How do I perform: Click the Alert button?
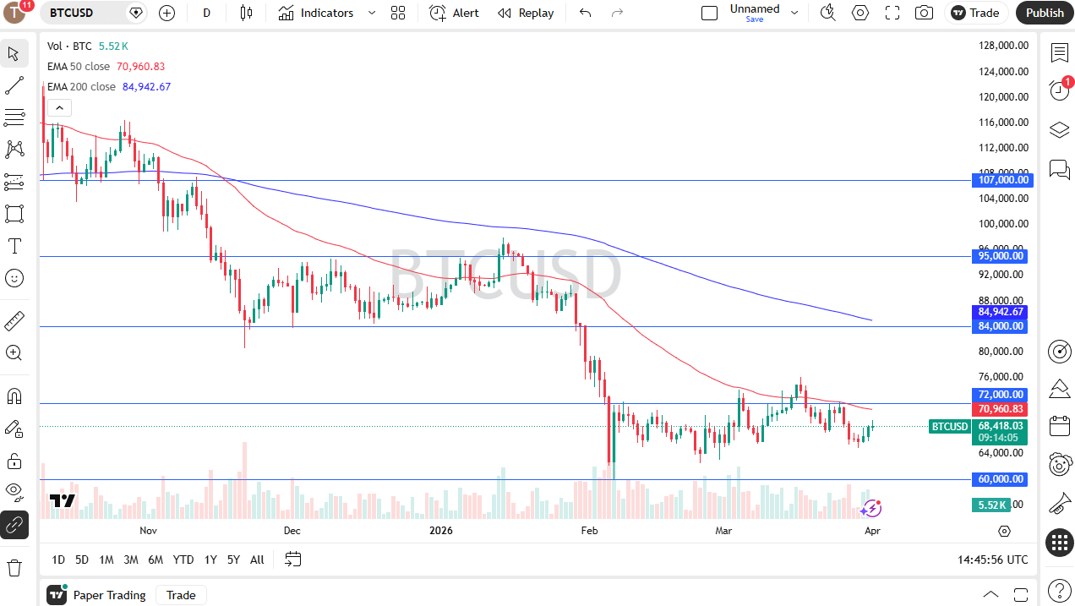(x=454, y=13)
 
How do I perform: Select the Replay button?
(x=526, y=13)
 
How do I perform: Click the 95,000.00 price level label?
(x=1002, y=256)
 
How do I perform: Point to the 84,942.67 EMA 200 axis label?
(x=1001, y=312)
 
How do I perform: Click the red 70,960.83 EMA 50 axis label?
(x=1001, y=409)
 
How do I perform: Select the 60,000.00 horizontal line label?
(x=1002, y=479)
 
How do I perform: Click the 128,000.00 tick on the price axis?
(x=1003, y=46)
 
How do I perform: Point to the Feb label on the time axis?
(x=589, y=531)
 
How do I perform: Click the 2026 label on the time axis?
(x=441, y=531)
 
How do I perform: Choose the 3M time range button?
(x=131, y=560)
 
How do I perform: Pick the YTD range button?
(x=183, y=560)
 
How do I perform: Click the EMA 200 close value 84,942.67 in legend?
(x=146, y=86)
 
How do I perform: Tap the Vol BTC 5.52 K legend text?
(x=88, y=46)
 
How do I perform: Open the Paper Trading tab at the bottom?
(x=109, y=595)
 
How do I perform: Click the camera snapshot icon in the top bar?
(x=925, y=13)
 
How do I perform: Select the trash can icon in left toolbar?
(x=14, y=567)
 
